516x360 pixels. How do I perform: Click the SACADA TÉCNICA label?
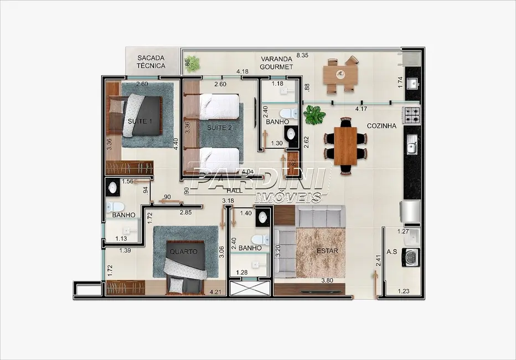coord(151,61)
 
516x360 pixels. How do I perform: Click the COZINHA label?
coord(382,126)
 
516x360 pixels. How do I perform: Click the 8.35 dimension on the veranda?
coord(302,55)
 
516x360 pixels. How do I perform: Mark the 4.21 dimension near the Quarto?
coord(215,291)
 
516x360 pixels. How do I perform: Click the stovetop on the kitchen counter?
coord(412,115)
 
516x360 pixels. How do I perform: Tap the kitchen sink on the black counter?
coord(412,145)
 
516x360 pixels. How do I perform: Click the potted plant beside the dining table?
coord(314,115)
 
